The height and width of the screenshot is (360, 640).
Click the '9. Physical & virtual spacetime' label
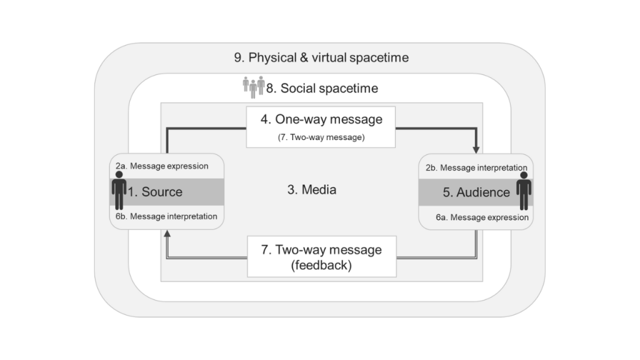[x=321, y=58]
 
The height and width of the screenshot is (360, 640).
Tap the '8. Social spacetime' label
[x=322, y=88]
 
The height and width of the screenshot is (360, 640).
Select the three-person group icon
[x=253, y=87]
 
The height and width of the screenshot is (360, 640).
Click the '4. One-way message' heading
[x=322, y=119]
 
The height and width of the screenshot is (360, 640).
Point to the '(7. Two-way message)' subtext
[x=321, y=136]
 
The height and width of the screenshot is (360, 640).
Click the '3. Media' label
[x=311, y=190]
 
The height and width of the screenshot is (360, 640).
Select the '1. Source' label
[x=156, y=192]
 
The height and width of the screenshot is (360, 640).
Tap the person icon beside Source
[x=119, y=191]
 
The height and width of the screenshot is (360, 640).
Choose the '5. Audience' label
[x=476, y=192]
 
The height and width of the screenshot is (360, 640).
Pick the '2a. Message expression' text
[x=161, y=166]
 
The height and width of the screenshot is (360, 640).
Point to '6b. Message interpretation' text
[x=166, y=216]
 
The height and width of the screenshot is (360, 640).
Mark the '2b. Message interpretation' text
[x=477, y=167]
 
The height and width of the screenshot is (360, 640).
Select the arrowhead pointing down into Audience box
[x=477, y=149]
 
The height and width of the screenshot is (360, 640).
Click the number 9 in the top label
[x=238, y=58]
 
